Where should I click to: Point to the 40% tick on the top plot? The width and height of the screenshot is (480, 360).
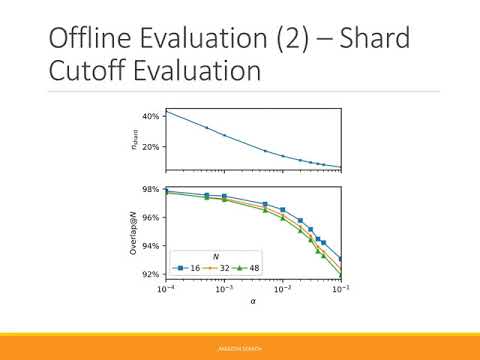coord(151,117)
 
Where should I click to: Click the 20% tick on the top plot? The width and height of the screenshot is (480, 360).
coord(151,147)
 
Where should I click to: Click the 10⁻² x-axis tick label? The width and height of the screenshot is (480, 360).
coord(283,290)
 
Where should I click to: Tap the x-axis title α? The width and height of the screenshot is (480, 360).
coord(252,302)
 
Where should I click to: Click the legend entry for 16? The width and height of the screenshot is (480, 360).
coord(187,268)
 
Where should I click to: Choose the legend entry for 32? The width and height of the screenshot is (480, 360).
coord(217,268)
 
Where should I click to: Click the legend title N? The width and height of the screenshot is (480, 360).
coord(215,256)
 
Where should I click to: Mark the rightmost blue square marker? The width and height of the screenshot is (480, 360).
coord(341,259)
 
